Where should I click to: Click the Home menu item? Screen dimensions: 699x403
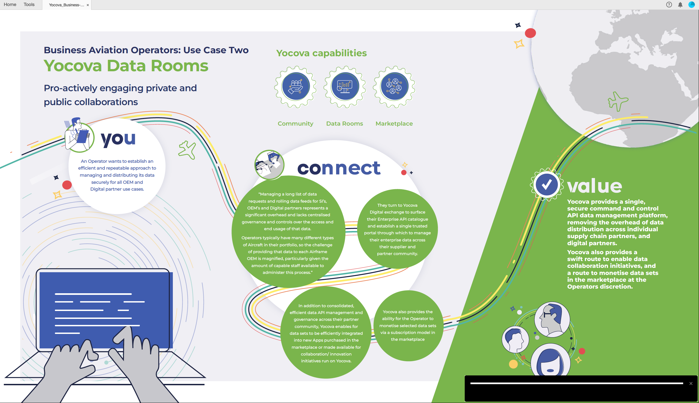pos(10,4)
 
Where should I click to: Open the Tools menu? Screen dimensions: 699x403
pos(29,4)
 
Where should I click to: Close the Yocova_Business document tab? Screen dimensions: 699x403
pos(88,5)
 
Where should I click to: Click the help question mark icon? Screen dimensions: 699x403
pos(669,4)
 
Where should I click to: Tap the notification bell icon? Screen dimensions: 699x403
pos(680,4)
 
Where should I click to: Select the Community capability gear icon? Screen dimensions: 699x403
pos(295,87)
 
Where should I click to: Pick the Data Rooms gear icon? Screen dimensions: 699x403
pos(345,87)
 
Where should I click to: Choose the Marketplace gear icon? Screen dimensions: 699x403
pos(394,87)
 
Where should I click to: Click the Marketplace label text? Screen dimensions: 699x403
pos(394,123)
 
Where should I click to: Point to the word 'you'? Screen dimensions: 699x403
pos(118,139)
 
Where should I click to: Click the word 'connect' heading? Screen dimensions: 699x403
pos(339,168)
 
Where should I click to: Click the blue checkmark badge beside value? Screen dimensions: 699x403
pos(547,185)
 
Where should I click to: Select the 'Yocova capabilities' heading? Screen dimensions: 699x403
pos(321,53)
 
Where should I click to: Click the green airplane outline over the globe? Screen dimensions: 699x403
pos(618,101)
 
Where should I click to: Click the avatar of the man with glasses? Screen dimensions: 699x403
pos(552,320)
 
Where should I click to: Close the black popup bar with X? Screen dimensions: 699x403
pos(691,383)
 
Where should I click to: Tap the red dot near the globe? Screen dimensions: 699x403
pos(530,33)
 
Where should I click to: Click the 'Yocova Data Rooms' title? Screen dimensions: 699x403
pos(126,66)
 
